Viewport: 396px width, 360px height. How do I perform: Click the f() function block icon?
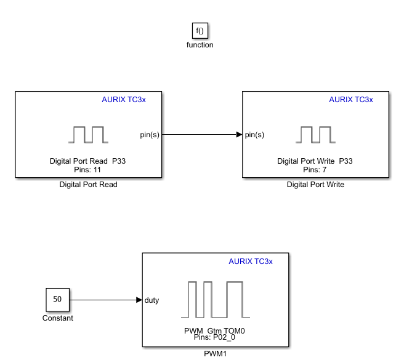pyautogui.click(x=200, y=31)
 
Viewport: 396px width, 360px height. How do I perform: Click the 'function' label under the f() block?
pyautogui.click(x=200, y=45)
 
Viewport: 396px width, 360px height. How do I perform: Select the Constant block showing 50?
pyautogui.click(x=57, y=300)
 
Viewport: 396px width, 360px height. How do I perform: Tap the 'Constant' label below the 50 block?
pyautogui.click(x=57, y=318)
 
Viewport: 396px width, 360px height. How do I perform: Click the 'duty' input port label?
pyautogui.click(x=152, y=300)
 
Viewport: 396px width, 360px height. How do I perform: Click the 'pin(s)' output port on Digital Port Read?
pyautogui.click(x=150, y=135)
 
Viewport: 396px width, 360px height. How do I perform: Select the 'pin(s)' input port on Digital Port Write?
pyautogui.click(x=254, y=135)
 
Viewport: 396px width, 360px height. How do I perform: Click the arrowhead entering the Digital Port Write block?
pyautogui.click(x=239, y=135)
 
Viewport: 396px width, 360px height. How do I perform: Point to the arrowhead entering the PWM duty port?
pyautogui.click(x=139, y=300)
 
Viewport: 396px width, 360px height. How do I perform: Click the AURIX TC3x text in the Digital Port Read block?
pyautogui.click(x=123, y=100)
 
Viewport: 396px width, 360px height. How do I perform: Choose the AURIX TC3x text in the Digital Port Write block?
pyautogui.click(x=350, y=100)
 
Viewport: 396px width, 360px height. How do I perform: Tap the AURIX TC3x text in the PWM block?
pyautogui.click(x=250, y=262)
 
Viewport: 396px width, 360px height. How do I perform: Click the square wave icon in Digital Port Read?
pyautogui.click(x=88, y=134)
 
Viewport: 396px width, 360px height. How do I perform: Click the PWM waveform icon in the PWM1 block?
pyautogui.click(x=215, y=298)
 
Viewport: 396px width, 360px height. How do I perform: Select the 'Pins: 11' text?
pyautogui.click(x=88, y=169)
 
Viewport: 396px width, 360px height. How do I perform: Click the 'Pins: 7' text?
pyautogui.click(x=315, y=169)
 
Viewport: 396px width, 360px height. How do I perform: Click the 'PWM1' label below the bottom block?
pyautogui.click(x=216, y=354)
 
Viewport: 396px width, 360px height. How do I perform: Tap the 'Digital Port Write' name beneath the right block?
pyautogui.click(x=315, y=185)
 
